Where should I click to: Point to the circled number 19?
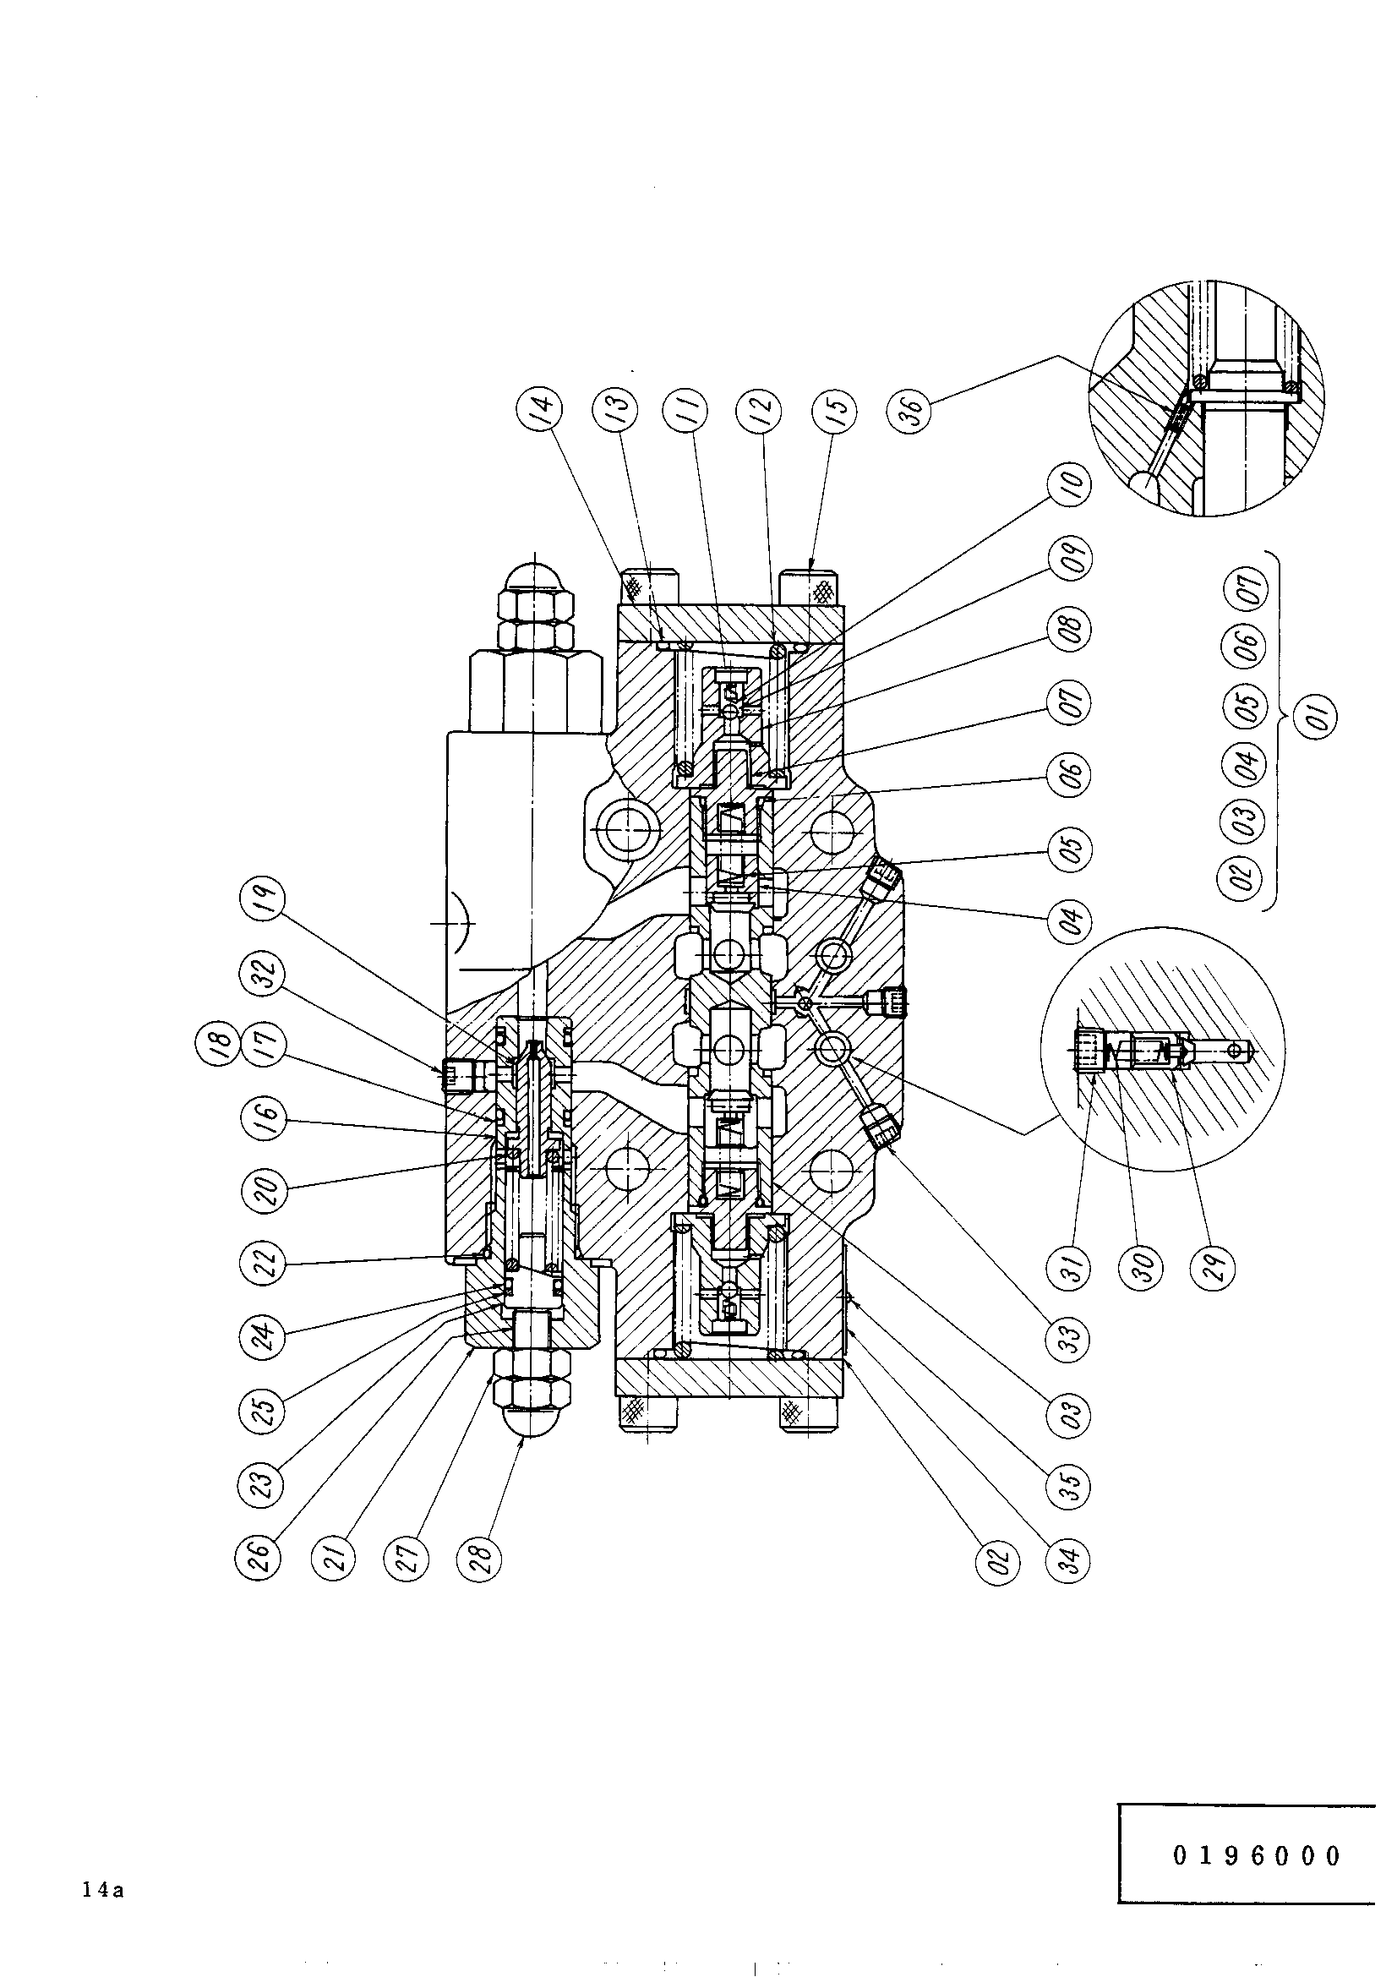coord(261,910)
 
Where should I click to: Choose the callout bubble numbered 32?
coord(261,979)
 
